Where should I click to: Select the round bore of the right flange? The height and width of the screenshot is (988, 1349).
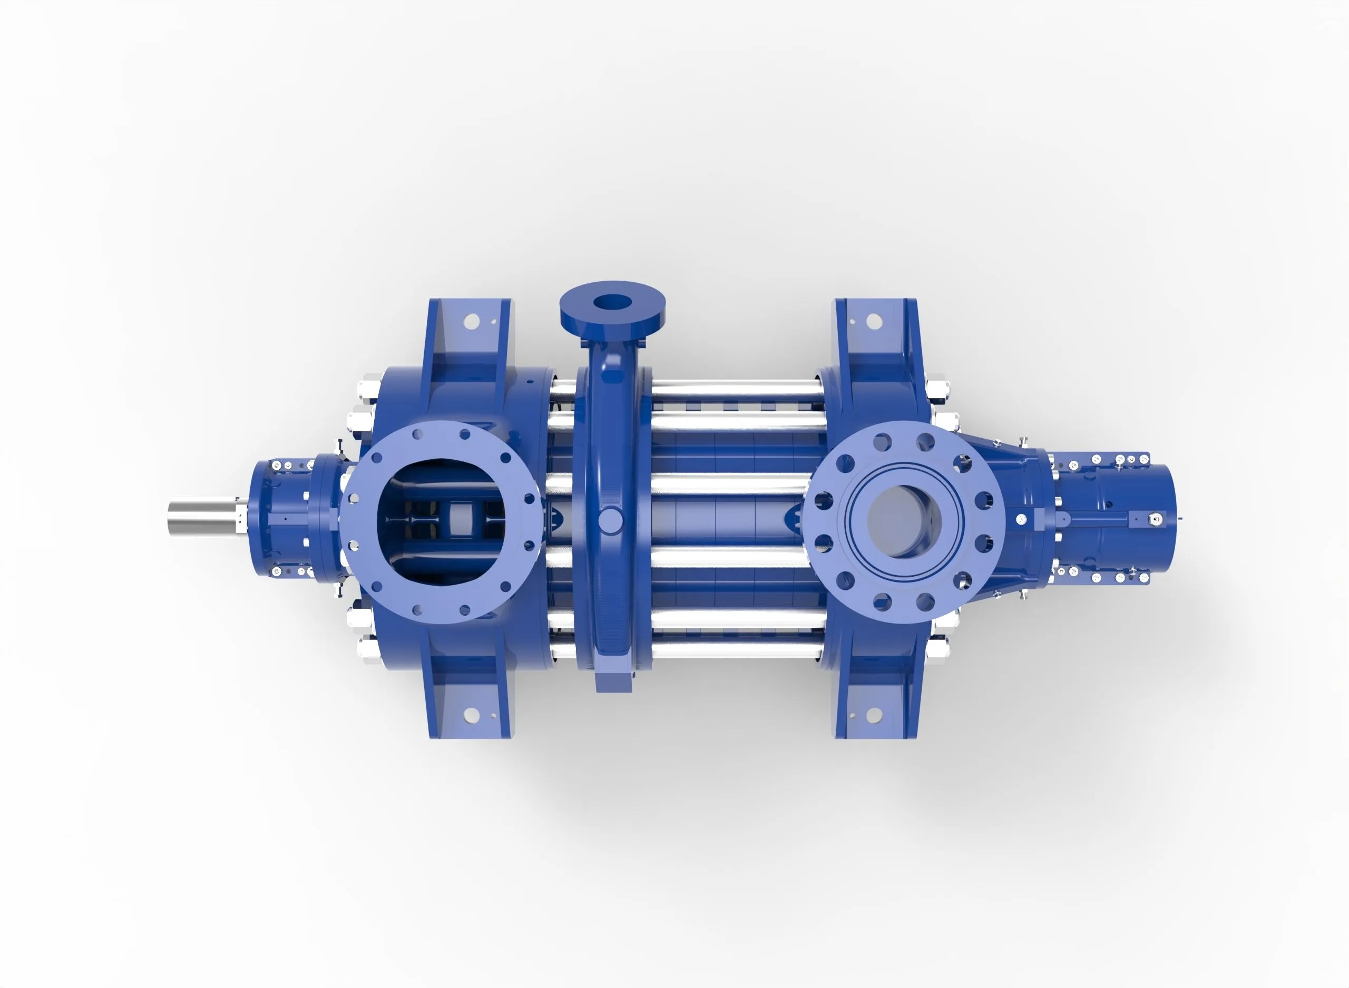coord(903,521)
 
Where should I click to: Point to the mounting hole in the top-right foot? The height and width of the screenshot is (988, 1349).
coord(874,322)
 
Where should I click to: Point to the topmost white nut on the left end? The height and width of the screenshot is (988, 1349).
coord(367,388)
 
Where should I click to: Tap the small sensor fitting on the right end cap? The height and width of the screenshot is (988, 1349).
coord(1156,519)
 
